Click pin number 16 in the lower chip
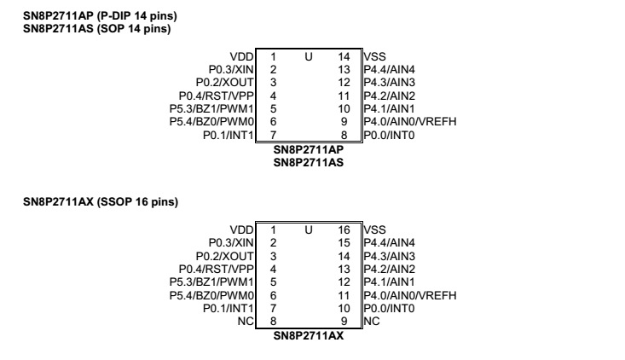[x=344, y=229]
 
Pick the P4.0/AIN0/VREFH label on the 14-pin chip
[x=409, y=122]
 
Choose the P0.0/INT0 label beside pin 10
[x=389, y=307]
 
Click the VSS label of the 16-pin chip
[x=374, y=229]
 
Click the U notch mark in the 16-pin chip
[x=309, y=229]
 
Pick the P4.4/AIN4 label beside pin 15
[x=389, y=242]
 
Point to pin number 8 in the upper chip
[x=344, y=135]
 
